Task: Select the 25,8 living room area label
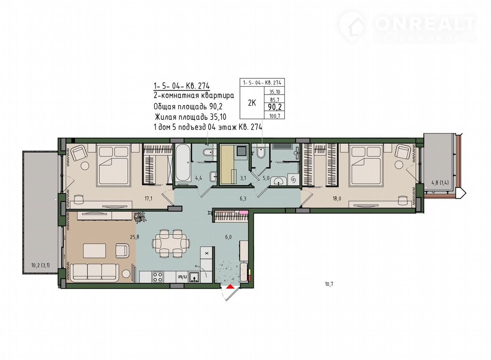click(134, 237)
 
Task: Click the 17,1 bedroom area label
click(148, 199)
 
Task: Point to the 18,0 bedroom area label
click(337, 199)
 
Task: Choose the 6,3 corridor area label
click(243, 199)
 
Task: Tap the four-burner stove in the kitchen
click(158, 277)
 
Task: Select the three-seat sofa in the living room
click(94, 272)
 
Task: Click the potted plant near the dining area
click(140, 217)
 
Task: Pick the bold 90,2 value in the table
click(275, 107)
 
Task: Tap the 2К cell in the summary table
click(252, 103)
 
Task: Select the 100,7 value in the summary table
click(275, 116)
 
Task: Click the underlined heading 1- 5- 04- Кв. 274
click(181, 86)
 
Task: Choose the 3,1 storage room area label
click(243, 178)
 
